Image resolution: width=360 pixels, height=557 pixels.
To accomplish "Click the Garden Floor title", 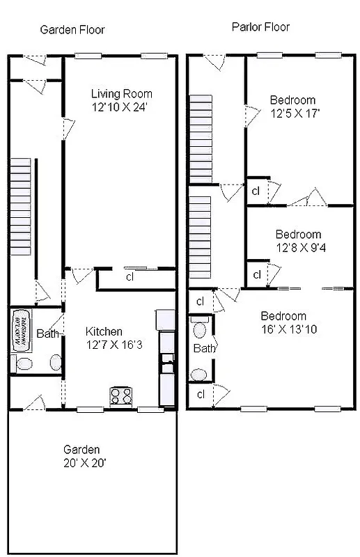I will tap(72, 30).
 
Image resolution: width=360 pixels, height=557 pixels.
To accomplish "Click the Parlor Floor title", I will tap(260, 27).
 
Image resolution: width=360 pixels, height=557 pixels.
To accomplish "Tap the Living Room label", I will tap(122, 94).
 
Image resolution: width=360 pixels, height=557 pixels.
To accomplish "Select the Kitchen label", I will tap(104, 331).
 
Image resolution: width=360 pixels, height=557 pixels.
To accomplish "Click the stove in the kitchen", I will tap(121, 395).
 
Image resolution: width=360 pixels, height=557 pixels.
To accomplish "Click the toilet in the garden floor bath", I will tap(21, 363).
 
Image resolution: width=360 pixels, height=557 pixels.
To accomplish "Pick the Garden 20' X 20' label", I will tap(83, 456).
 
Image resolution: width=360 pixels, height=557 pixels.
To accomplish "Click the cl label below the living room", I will tap(130, 277).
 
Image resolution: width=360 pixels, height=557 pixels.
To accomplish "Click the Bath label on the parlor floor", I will tap(204, 348).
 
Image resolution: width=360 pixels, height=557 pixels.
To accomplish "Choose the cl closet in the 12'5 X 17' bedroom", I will tap(256, 191).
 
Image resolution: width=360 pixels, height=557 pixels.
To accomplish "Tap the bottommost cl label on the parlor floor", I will tap(200, 395).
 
